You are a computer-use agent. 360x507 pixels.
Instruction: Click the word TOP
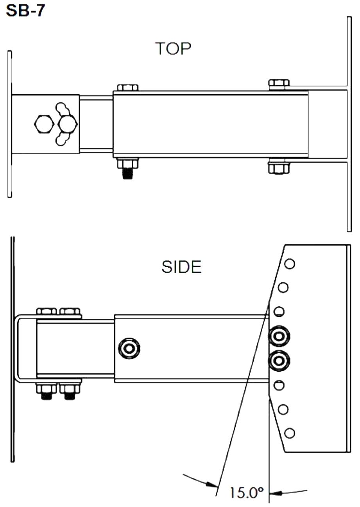tap(174, 49)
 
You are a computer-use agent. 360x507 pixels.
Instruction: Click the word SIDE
tap(181, 267)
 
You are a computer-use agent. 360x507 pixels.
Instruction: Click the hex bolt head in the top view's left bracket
tap(44, 124)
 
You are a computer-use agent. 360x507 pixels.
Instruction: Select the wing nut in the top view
tap(66, 124)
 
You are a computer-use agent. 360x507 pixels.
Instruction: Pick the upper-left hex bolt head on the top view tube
tap(127, 87)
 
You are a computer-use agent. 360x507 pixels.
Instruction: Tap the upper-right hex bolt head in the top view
tap(279, 83)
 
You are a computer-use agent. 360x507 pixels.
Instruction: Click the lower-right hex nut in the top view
tap(279, 168)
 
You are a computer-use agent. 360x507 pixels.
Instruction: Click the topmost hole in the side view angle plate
tap(290, 264)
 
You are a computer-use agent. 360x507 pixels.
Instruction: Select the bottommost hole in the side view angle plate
tap(290, 433)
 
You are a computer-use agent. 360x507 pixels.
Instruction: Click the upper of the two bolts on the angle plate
tap(279, 336)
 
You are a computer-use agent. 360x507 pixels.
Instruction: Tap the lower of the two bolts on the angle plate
tap(279, 360)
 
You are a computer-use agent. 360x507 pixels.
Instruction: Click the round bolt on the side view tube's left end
tap(129, 348)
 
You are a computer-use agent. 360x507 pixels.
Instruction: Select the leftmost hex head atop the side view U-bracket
tap(47, 312)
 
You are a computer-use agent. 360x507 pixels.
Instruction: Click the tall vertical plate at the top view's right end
tap(349, 124)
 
